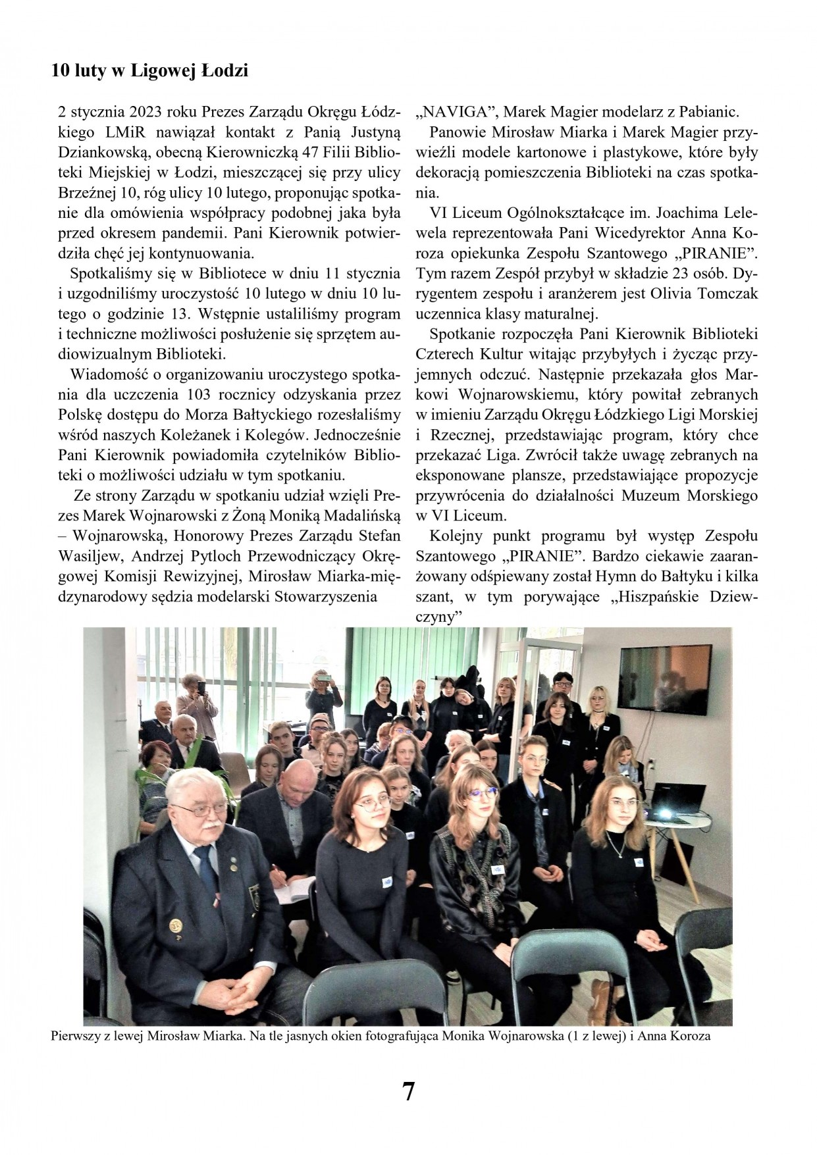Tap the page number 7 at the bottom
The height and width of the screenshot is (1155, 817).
[x=408, y=1092]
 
